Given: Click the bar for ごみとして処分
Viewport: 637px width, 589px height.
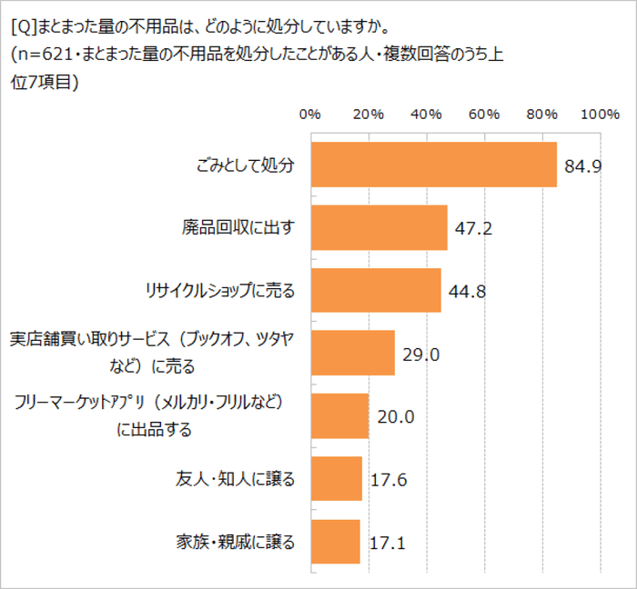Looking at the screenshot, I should click(x=434, y=165).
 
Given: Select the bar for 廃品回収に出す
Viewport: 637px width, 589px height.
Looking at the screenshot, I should click(x=379, y=227).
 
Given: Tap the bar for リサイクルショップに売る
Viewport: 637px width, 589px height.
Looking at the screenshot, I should click(x=376, y=290).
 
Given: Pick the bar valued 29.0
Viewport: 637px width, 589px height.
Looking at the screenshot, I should click(x=353, y=353).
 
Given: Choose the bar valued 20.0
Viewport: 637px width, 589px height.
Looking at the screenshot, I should click(x=340, y=416).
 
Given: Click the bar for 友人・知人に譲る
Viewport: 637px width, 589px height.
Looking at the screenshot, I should click(x=337, y=479).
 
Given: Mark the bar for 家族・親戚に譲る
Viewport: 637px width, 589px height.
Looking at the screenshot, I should click(x=336, y=542).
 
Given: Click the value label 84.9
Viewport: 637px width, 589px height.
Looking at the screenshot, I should click(x=583, y=166).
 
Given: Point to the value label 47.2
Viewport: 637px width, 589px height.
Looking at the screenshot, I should click(x=473, y=228).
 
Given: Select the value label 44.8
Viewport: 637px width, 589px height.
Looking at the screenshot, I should click(x=467, y=292).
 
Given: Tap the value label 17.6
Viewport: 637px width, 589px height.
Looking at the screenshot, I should click(x=389, y=480).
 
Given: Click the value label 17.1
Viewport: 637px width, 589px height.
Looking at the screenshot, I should click(x=387, y=544).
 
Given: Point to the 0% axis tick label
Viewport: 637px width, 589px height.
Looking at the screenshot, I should click(x=310, y=115).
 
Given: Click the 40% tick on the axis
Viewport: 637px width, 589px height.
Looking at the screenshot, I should click(x=426, y=115).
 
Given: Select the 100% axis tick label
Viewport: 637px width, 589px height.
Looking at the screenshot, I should click(x=599, y=115).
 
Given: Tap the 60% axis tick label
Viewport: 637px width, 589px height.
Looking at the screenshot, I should click(x=484, y=115).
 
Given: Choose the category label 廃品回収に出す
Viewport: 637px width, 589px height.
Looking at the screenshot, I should click(x=238, y=227).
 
